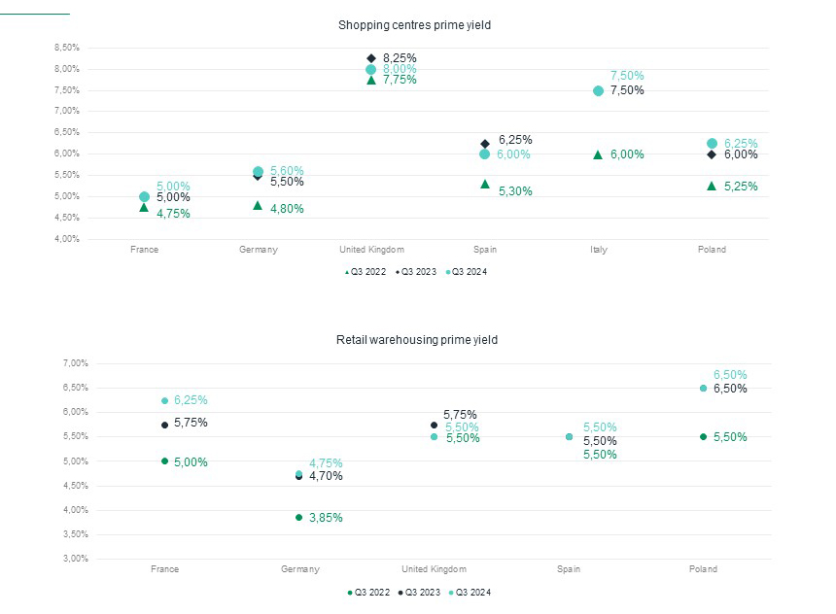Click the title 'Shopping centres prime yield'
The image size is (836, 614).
tap(414, 25)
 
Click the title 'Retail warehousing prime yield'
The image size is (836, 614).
tap(417, 340)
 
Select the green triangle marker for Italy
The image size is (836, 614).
tap(598, 154)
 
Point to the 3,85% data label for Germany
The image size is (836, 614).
tap(326, 518)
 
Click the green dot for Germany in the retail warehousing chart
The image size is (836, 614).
tap(298, 517)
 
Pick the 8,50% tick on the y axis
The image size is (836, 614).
tap(66, 48)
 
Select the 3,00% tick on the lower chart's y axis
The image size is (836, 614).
tap(75, 559)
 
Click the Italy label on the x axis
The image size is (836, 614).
tap(599, 250)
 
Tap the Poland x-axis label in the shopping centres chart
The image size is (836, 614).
tap(712, 250)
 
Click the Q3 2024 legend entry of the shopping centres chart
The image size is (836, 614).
tap(469, 272)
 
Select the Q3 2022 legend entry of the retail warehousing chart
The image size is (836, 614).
tap(370, 592)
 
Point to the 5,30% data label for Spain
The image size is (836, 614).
tap(515, 191)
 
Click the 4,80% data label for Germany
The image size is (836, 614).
tap(287, 207)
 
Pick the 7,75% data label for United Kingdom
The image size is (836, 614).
tap(400, 80)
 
